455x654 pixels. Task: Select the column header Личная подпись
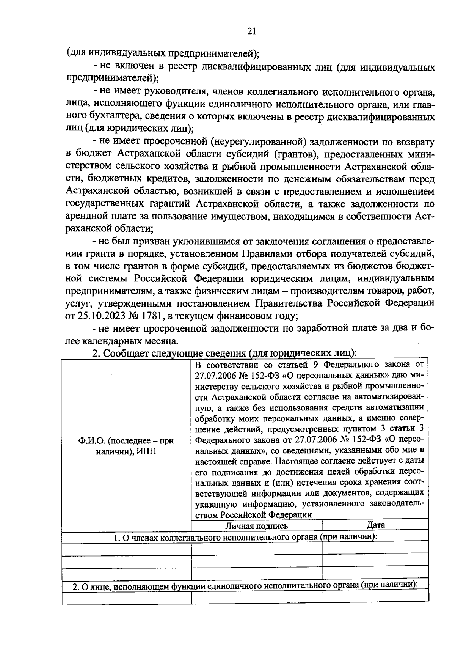257,526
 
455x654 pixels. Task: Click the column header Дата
376,525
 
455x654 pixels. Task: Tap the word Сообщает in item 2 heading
126,353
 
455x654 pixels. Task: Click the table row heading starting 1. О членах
245,538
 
